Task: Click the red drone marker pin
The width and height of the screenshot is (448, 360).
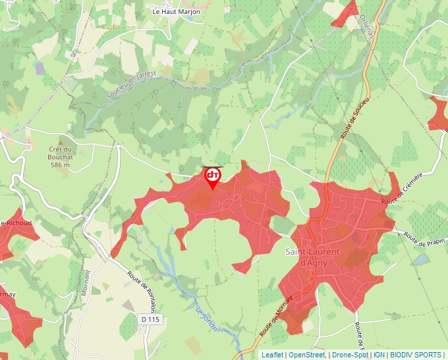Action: (212, 176)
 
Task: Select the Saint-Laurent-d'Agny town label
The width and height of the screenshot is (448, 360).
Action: (314, 257)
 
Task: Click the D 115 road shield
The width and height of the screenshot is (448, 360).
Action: (150, 319)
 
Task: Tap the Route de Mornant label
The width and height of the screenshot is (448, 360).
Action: (276, 315)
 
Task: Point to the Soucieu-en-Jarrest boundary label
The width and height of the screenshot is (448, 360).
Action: (132, 84)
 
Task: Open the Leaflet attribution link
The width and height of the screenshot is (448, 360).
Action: (271, 355)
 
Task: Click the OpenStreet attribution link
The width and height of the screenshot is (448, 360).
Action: (306, 355)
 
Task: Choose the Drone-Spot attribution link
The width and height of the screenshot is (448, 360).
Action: (349, 355)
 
